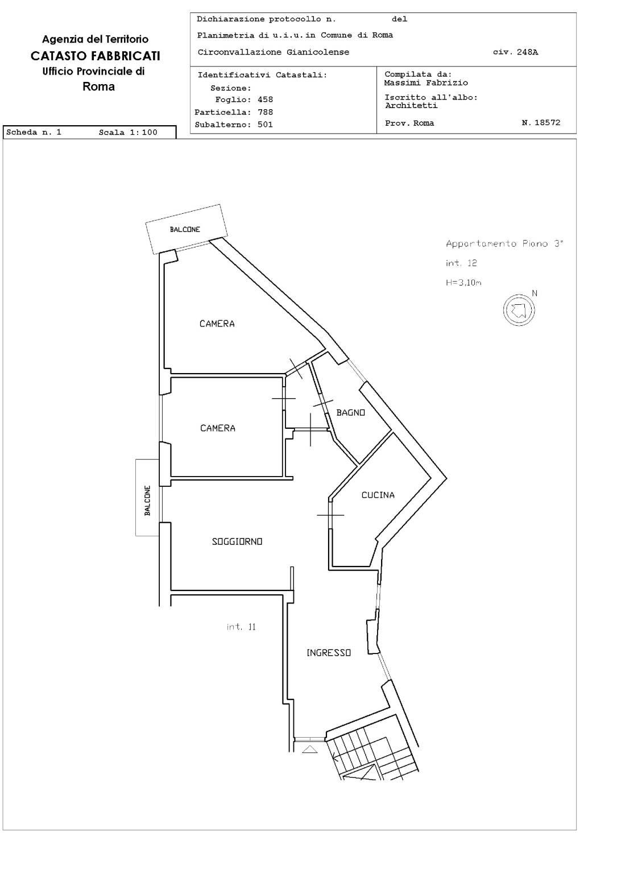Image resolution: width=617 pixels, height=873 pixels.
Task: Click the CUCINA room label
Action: (x=378, y=495)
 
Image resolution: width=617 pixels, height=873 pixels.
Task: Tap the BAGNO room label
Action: (x=350, y=412)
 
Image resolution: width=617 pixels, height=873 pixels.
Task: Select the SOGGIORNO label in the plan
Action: (x=237, y=541)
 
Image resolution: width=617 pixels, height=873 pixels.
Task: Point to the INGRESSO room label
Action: (x=329, y=653)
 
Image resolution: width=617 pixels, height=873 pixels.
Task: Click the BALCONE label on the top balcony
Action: (x=185, y=230)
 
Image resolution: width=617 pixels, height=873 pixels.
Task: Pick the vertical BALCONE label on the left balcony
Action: (x=147, y=500)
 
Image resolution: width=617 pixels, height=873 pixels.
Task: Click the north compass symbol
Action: (x=519, y=310)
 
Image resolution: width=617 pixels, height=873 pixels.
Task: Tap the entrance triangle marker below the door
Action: (x=310, y=749)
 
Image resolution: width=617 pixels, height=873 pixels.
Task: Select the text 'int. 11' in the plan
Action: (x=241, y=627)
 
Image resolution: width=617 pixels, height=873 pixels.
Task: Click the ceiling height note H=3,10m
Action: (x=463, y=283)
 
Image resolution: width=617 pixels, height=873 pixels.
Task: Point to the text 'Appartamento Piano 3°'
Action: (x=504, y=244)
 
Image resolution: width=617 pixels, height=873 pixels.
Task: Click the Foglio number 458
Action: (x=265, y=100)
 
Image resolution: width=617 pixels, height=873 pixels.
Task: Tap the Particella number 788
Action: (x=265, y=112)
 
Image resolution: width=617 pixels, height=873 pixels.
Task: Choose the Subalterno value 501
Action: (x=265, y=125)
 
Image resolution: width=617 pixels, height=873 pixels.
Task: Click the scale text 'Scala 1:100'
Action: (x=128, y=133)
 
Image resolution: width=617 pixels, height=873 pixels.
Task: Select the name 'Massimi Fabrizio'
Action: (x=426, y=82)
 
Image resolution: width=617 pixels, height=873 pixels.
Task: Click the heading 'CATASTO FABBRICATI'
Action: (x=96, y=56)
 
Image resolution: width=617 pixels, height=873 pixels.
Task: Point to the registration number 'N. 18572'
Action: (x=541, y=123)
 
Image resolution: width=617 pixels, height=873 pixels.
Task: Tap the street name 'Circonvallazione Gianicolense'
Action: (x=273, y=52)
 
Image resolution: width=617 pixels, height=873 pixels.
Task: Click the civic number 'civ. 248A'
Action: (x=516, y=52)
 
